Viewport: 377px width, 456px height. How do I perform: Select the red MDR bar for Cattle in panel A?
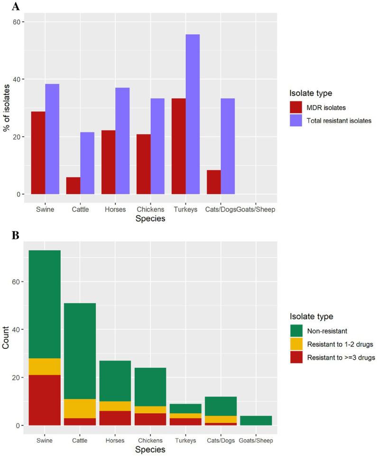pyautogui.click(x=73, y=186)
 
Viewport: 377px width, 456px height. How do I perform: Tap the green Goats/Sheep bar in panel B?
pyautogui.click(x=256, y=420)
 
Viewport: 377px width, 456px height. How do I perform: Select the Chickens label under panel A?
pyautogui.click(x=150, y=210)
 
